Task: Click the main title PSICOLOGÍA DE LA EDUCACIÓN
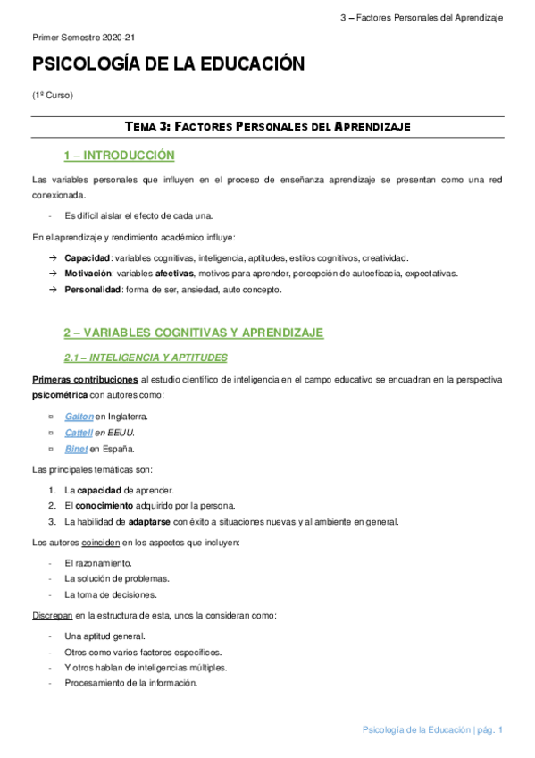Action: point(168,64)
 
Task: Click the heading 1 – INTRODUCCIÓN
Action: point(119,156)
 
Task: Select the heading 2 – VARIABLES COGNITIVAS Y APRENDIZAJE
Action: point(193,333)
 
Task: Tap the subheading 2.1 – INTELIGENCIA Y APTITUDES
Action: point(146,358)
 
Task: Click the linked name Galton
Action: point(79,417)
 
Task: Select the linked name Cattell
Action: point(79,433)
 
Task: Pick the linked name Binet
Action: point(76,449)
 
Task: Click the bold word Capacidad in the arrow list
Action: point(88,257)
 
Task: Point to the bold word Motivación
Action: point(88,274)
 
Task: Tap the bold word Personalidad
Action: point(91,290)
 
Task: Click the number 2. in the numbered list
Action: point(54,506)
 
